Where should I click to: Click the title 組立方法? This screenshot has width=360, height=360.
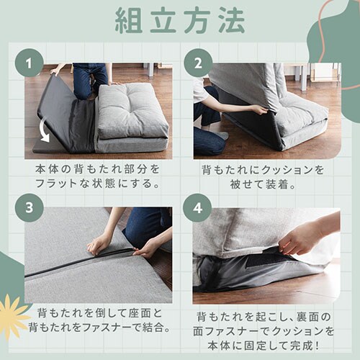click(180, 21)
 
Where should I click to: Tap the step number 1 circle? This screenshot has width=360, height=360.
click(30, 63)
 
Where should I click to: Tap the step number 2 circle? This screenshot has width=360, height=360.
click(197, 63)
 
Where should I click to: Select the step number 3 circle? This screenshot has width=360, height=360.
click(30, 207)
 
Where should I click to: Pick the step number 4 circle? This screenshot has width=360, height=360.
click(197, 207)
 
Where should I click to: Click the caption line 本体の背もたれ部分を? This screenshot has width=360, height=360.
click(98, 168)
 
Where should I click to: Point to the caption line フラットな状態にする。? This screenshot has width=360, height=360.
click(98, 183)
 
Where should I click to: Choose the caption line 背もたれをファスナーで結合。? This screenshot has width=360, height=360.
click(98, 328)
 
